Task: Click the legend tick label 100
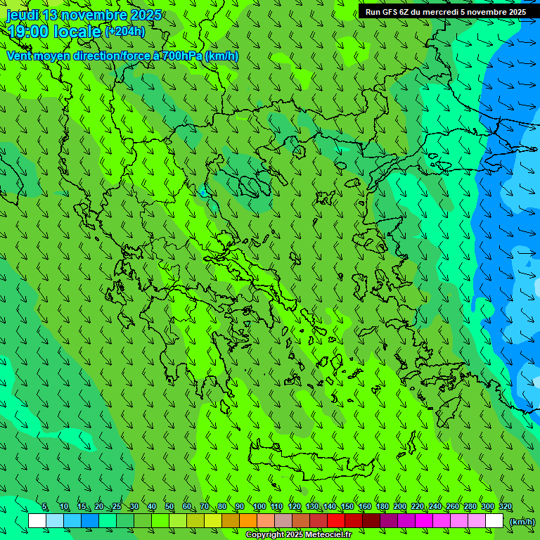pyautogui.click(x=259, y=507)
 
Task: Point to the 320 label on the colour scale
pyautogui.click(x=506, y=507)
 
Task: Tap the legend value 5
pyautogui.click(x=44, y=507)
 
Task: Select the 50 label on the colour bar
pyautogui.click(x=169, y=507)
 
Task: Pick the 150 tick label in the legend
pyautogui.click(x=347, y=507)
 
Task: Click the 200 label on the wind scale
pyautogui.click(x=400, y=507)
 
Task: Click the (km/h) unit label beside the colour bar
pyautogui.click(x=522, y=521)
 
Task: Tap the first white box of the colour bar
pyautogui.click(x=37, y=521)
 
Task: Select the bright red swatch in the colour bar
pyautogui.click(x=336, y=521)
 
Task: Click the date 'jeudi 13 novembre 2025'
pyautogui.click(x=84, y=15)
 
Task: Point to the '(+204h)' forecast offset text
pyautogui.click(x=125, y=31)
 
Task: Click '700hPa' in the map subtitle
pyautogui.click(x=181, y=56)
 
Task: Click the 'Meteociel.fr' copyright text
pyautogui.click(x=329, y=535)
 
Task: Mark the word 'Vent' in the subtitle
pyautogui.click(x=19, y=56)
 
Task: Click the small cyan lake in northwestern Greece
pyautogui.click(x=203, y=192)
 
